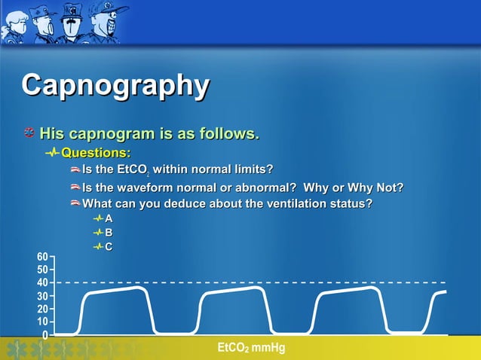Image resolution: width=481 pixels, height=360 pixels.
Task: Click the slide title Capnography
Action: pos(115,86)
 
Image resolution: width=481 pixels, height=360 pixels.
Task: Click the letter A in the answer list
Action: pos(109,218)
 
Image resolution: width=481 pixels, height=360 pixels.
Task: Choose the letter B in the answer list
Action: pos(109,233)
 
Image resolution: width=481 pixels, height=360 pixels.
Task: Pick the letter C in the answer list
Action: pos(109,246)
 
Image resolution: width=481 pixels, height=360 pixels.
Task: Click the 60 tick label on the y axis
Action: pos(42,257)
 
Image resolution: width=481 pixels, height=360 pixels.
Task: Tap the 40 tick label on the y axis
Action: pos(42,282)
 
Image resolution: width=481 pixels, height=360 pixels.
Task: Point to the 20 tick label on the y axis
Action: pos(42,309)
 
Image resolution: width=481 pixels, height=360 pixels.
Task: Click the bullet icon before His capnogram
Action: pos(28,135)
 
